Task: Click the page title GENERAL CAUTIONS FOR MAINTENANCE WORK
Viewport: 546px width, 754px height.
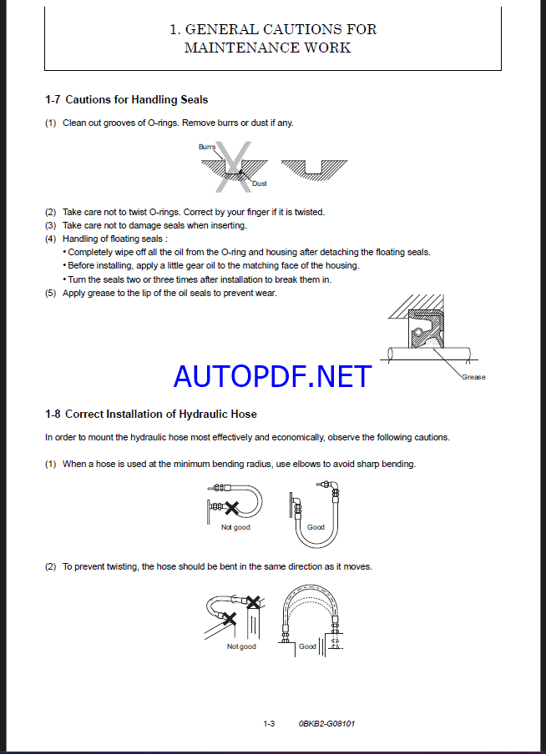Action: [x=272, y=38]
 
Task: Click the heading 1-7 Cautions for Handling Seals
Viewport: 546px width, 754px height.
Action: [x=126, y=100]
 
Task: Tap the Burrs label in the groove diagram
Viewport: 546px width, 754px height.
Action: [x=206, y=147]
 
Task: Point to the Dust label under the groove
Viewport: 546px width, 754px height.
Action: [x=259, y=183]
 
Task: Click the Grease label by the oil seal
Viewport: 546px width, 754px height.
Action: [x=473, y=377]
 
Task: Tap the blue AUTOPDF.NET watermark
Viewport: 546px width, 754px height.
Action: [x=272, y=376]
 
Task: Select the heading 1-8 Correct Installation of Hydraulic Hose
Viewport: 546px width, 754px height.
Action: [x=150, y=414]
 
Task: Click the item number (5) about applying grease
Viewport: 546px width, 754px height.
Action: [x=51, y=293]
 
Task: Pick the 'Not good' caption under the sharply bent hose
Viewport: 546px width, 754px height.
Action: [x=235, y=527]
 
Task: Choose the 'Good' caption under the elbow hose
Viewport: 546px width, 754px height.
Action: [x=316, y=527]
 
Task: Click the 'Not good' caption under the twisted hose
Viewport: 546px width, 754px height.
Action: [x=241, y=646]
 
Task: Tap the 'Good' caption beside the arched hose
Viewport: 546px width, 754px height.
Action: [x=307, y=646]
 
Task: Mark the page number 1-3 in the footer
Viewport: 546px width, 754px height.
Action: [x=269, y=723]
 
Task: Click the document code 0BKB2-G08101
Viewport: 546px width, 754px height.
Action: [x=326, y=723]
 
